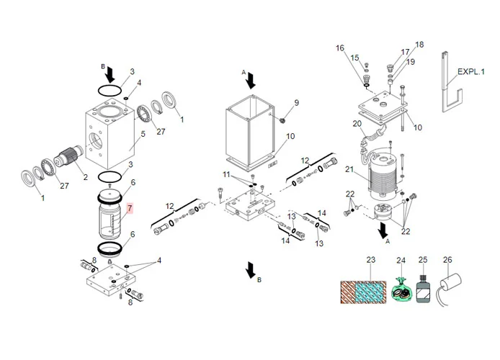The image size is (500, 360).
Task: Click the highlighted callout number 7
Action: point(130,209)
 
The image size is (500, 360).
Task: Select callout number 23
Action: point(372,261)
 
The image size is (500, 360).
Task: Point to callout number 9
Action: point(295,103)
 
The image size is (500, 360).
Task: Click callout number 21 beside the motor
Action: point(349,170)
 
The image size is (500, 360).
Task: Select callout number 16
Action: point(340,48)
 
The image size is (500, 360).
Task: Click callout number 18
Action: point(420,45)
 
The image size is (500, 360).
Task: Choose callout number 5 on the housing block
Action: point(143,134)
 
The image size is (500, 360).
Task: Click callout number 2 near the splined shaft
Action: point(86,177)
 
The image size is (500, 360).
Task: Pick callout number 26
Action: point(447,261)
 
